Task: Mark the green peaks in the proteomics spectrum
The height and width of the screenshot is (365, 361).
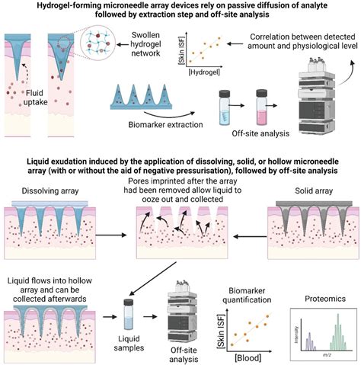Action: (x=329, y=317)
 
